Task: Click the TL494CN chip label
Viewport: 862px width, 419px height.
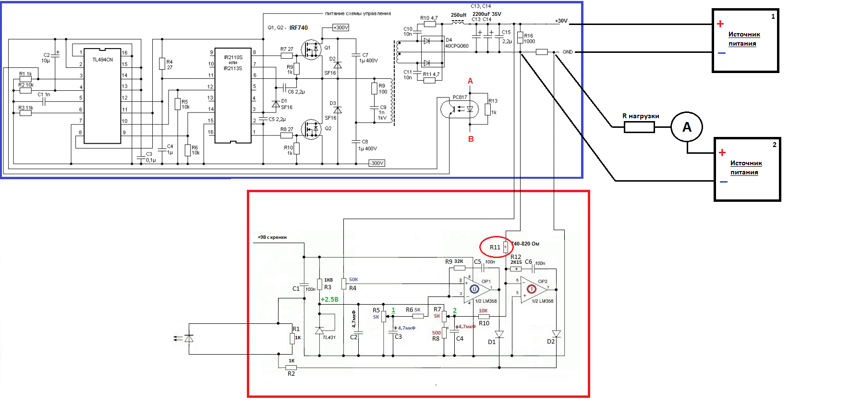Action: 102,60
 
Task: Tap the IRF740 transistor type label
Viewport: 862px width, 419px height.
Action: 298,28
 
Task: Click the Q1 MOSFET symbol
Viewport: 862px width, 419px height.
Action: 311,49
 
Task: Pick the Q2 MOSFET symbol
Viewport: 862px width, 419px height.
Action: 311,129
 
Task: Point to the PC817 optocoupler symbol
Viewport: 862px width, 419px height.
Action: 460,109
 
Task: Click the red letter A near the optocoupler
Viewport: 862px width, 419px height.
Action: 470,81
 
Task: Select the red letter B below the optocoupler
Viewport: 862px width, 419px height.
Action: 471,139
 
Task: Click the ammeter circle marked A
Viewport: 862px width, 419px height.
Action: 687,127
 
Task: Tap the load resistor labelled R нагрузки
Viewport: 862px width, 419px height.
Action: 639,127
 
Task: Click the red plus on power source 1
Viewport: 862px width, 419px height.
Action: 720,24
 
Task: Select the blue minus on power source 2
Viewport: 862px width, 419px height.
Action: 723,182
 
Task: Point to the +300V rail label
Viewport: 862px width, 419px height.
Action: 340,28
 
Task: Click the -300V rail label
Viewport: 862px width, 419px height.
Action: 376,163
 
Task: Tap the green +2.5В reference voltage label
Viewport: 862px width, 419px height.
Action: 329,299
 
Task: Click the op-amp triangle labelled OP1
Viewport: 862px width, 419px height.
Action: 478,289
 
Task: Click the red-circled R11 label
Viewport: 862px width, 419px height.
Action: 495,247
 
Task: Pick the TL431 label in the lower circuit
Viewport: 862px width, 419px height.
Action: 329,337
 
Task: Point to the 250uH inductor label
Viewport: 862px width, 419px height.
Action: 458,15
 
